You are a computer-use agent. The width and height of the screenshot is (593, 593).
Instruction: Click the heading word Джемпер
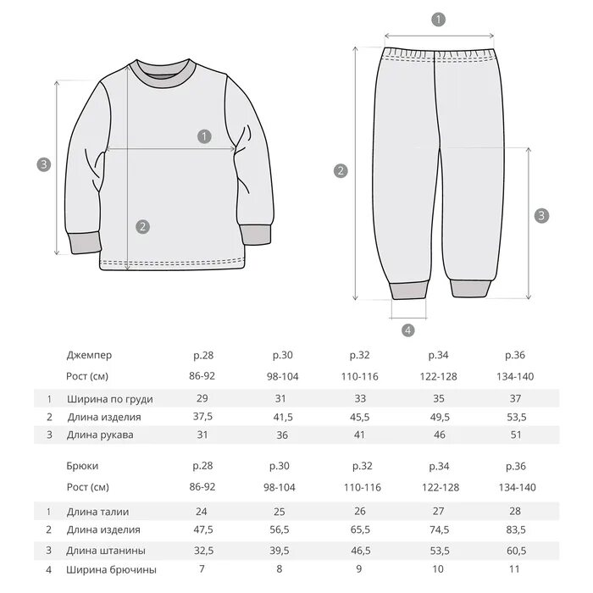(88, 355)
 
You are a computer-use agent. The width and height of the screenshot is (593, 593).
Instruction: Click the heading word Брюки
(82, 466)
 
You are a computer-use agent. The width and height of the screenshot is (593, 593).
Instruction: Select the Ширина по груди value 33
(359, 398)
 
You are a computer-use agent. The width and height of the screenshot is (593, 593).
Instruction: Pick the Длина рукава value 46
(438, 435)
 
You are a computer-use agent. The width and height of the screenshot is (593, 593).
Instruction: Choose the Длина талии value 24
(202, 512)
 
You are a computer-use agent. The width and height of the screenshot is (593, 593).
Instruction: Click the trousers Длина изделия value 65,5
(359, 529)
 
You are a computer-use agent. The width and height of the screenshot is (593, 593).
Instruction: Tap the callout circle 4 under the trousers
(407, 330)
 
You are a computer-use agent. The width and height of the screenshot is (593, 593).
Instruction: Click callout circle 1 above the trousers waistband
(438, 19)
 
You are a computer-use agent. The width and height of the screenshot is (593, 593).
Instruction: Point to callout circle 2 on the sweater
(142, 226)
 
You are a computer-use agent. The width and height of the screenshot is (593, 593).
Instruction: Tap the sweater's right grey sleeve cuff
(256, 239)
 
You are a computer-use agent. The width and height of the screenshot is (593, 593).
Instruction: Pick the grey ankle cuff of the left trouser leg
(407, 291)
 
